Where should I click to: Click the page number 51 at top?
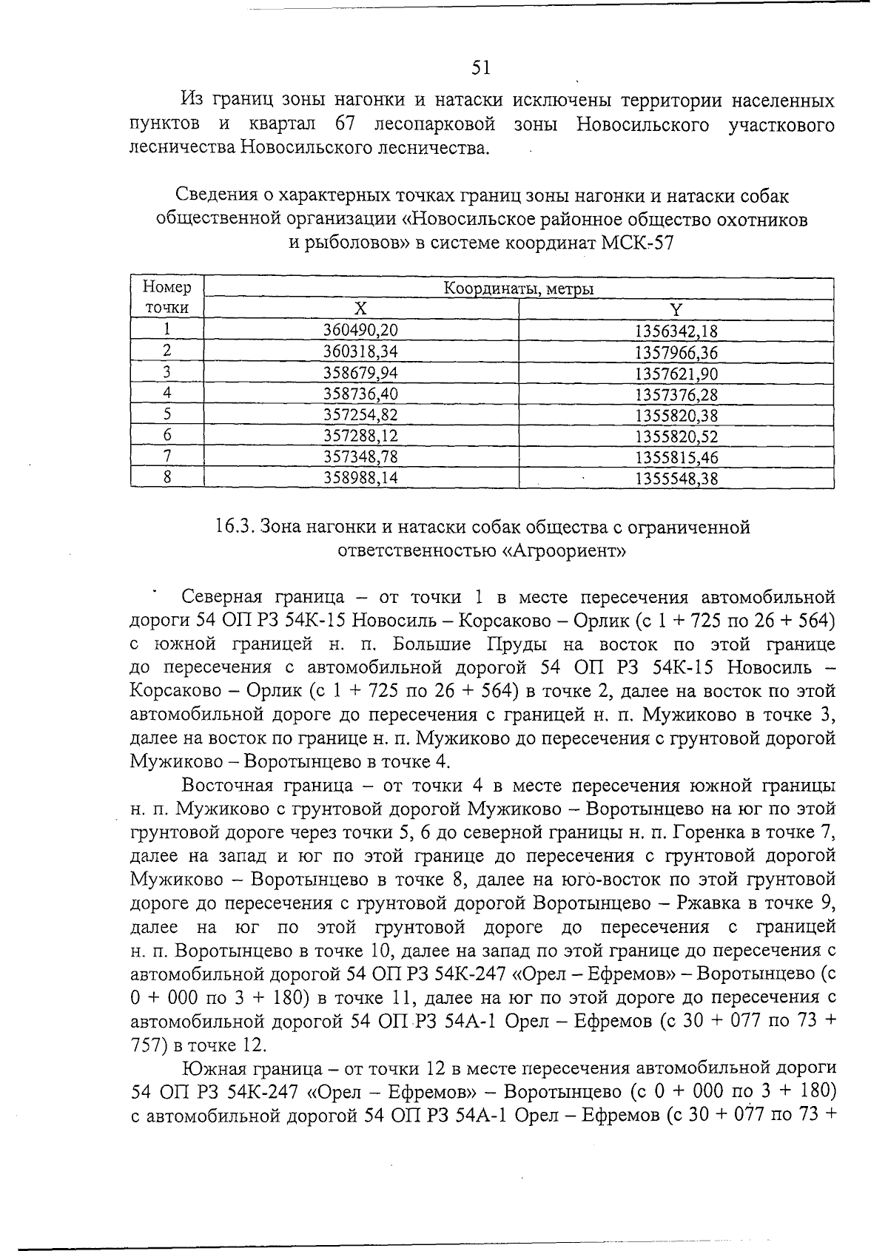tap(481, 68)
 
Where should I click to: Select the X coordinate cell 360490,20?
tap(361, 331)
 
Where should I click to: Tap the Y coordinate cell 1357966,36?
tap(676, 352)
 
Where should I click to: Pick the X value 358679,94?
tap(361, 373)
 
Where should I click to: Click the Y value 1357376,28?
tap(676, 394)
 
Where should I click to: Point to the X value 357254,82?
tap(361, 415)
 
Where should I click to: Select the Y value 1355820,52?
tap(676, 436)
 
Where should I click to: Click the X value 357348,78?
tap(361, 457)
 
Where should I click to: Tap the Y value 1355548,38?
tap(676, 479)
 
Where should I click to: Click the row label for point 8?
tap(167, 478)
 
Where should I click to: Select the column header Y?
tap(676, 309)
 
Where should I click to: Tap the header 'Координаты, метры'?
tap(518, 289)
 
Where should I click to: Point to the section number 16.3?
tap(235, 527)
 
